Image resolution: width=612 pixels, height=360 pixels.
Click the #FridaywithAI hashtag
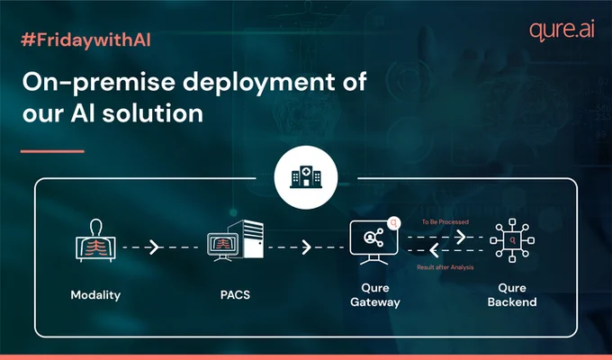85,40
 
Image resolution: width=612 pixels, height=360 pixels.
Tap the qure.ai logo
562,30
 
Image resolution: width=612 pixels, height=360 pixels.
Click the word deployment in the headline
259,83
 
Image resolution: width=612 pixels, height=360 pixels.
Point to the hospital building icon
306,177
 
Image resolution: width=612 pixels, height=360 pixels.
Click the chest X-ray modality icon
95,240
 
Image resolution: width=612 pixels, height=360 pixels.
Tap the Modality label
95,295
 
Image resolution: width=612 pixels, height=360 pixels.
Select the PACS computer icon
236,240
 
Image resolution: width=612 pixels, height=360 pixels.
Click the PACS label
235,295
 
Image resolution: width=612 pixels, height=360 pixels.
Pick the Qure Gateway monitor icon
374,241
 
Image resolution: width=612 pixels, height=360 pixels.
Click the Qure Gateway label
375,295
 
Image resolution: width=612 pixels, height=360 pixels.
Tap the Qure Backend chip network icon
512,240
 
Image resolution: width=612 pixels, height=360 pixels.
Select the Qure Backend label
512,295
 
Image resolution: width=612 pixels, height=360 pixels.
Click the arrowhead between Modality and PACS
155,247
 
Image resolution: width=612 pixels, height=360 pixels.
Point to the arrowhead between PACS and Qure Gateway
307,247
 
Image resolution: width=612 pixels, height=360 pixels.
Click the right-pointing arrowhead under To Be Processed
461,237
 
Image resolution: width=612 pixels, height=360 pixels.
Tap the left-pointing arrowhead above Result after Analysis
434,251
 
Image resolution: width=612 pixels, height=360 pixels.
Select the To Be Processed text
445,221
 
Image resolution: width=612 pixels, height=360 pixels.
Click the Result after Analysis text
445,267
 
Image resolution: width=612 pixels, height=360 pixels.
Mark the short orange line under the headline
52,151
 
